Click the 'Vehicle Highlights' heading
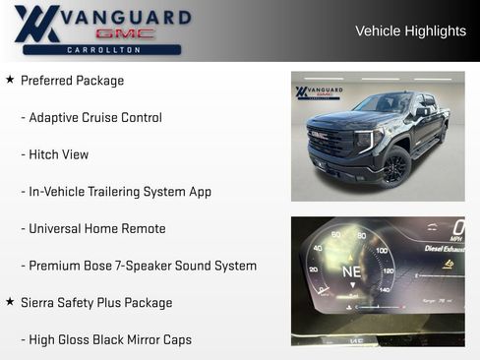[410, 31]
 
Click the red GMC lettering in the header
[126, 33]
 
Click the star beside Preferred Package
[10, 80]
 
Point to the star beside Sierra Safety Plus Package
[10, 302]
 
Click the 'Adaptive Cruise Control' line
[95, 117]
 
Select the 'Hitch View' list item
[58, 154]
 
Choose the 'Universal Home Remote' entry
[96, 228]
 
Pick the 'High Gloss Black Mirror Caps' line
[110, 339]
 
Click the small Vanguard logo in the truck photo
[317, 92]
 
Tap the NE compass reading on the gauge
[351, 270]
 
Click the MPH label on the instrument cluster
[455, 239]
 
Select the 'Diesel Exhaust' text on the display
[444, 249]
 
